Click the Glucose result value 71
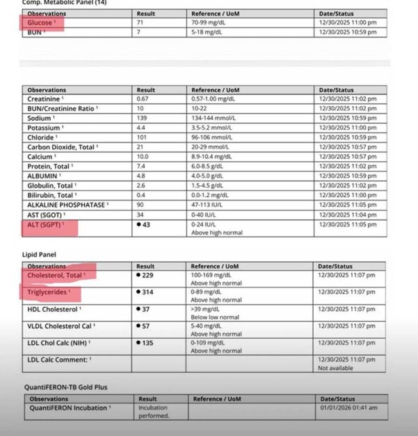click(x=139, y=23)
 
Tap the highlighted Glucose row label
click(x=40, y=23)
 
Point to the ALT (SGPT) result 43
click(x=145, y=224)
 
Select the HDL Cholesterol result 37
click(x=144, y=309)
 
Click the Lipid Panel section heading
click(x=40, y=255)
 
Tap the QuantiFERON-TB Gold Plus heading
click(x=66, y=387)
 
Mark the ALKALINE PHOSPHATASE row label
click(x=67, y=205)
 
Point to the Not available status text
click(x=337, y=367)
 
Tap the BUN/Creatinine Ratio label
click(x=62, y=108)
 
